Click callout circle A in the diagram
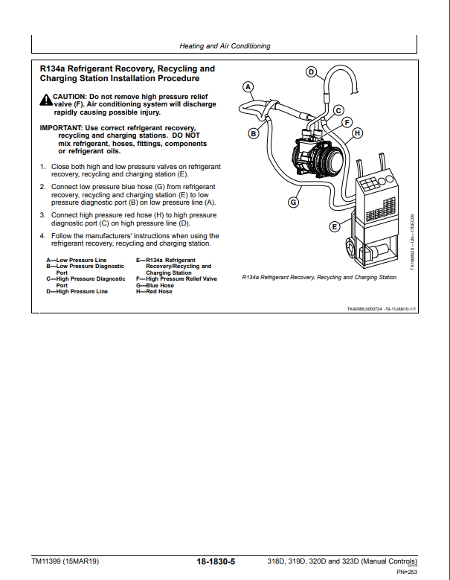coord(249,86)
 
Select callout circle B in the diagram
coord(253,134)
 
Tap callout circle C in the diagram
coord(337,111)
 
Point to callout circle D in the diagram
coord(312,72)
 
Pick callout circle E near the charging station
coord(335,226)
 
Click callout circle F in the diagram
coord(347,121)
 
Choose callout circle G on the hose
coord(293,201)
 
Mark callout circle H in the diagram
coord(357,133)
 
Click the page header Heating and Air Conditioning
coord(225,46)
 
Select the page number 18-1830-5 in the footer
coord(216,561)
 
